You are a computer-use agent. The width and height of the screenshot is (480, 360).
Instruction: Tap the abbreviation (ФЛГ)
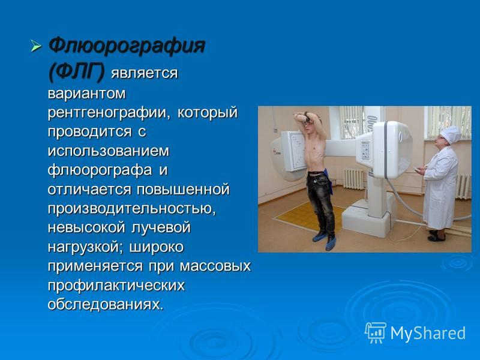76,72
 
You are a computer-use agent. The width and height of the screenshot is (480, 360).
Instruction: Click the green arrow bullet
36,46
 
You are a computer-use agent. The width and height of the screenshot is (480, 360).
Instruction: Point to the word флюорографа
100,170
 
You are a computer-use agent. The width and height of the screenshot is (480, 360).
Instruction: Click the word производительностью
132,209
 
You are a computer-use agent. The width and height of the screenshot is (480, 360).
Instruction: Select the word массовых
215,266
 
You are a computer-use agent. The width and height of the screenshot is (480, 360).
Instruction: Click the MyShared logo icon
376,333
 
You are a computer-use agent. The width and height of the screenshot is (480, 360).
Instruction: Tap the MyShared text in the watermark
428,334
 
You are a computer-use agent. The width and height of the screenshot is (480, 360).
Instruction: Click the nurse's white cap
451,134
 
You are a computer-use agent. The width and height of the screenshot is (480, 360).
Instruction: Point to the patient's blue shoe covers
325,240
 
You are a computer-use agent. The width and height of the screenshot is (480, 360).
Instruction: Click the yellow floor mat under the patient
308,218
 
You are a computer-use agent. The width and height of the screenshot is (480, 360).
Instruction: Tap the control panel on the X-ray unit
365,151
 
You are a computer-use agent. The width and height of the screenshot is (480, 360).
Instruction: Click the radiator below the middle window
354,178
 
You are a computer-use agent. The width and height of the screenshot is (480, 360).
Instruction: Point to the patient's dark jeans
320,202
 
